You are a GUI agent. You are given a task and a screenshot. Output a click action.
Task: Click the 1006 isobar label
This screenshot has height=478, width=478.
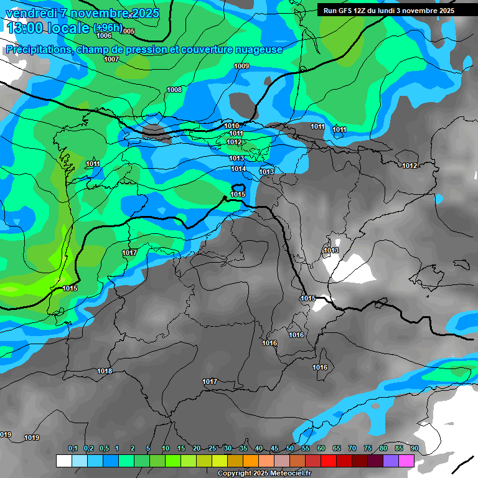coord(104,35)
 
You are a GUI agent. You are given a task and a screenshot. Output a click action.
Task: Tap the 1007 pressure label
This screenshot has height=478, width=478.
coord(111,59)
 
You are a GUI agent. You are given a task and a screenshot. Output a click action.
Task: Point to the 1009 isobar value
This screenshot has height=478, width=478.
coord(241,66)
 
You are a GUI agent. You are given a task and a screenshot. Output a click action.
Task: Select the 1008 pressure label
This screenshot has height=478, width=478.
coord(174,90)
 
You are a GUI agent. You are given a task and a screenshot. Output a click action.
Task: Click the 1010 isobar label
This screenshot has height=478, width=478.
coord(232,126)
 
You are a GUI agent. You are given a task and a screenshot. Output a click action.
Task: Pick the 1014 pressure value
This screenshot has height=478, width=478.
coord(238,169)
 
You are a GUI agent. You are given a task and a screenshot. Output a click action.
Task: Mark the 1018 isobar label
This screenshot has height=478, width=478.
coord(105,371)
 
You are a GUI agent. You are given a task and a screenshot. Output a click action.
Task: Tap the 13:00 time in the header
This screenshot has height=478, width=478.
coord(26,28)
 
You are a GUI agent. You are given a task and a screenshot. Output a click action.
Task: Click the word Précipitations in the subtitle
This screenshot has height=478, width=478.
coord(38,49)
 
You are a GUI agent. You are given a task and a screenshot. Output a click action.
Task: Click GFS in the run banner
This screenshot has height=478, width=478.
coord(346,11)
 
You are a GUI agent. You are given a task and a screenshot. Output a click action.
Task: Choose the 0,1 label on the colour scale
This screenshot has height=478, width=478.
coord(73,449)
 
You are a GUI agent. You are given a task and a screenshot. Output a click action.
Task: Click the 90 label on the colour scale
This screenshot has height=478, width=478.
coord(414,449)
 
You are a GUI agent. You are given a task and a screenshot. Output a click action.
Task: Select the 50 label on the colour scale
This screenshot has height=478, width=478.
coord(290,449)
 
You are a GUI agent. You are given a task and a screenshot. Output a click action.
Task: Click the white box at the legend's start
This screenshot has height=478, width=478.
coord(63,461)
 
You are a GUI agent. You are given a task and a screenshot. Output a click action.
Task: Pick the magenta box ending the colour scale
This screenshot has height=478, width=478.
coord(406,461)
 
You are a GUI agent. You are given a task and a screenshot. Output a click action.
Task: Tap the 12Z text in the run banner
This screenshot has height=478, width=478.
coord(360,11)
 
